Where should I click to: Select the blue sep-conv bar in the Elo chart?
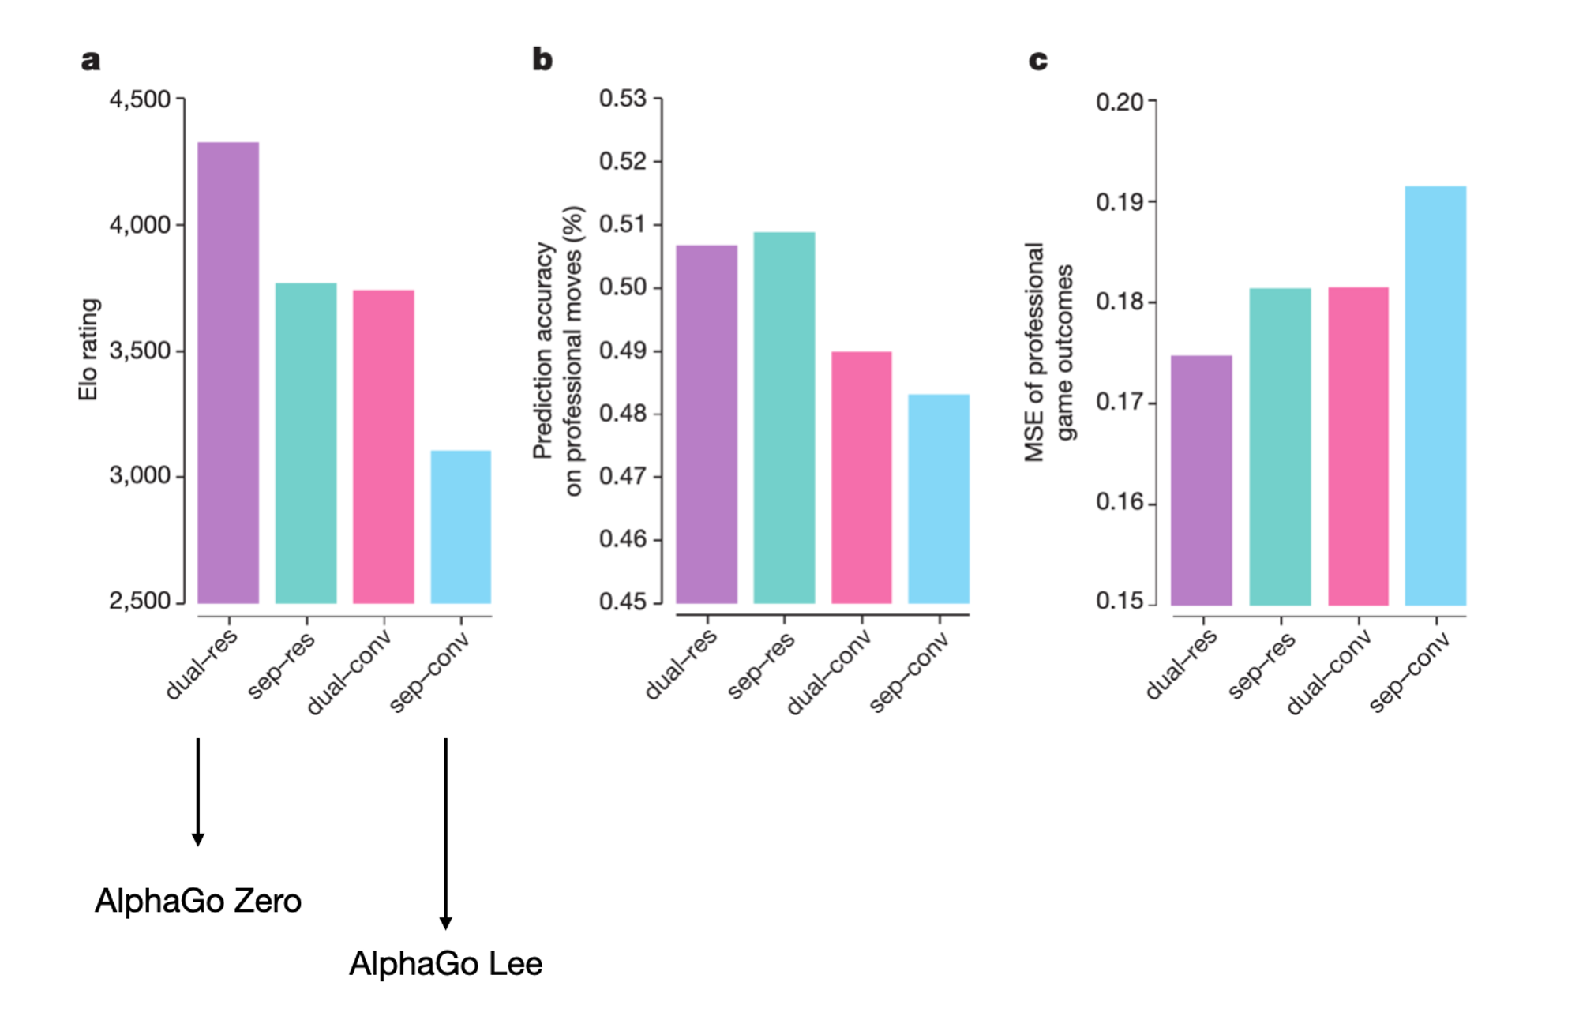[460, 527]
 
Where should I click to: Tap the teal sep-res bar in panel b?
[784, 418]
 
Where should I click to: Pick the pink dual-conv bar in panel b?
[861, 478]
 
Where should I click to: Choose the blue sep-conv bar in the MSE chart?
[1435, 396]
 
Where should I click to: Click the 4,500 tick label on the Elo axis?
[140, 99]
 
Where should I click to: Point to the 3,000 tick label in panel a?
[140, 475]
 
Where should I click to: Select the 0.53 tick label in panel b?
[622, 99]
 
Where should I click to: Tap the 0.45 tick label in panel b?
[622, 602]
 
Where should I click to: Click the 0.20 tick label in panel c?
[1120, 102]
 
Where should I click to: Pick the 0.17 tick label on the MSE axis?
[1120, 403]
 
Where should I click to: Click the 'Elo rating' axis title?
[88, 350]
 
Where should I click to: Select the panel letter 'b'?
[542, 59]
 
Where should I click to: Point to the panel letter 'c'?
[1038, 60]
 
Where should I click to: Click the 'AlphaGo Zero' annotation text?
[198, 901]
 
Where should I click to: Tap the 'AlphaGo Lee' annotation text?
[446, 964]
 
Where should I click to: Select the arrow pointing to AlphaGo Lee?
[446, 833]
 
